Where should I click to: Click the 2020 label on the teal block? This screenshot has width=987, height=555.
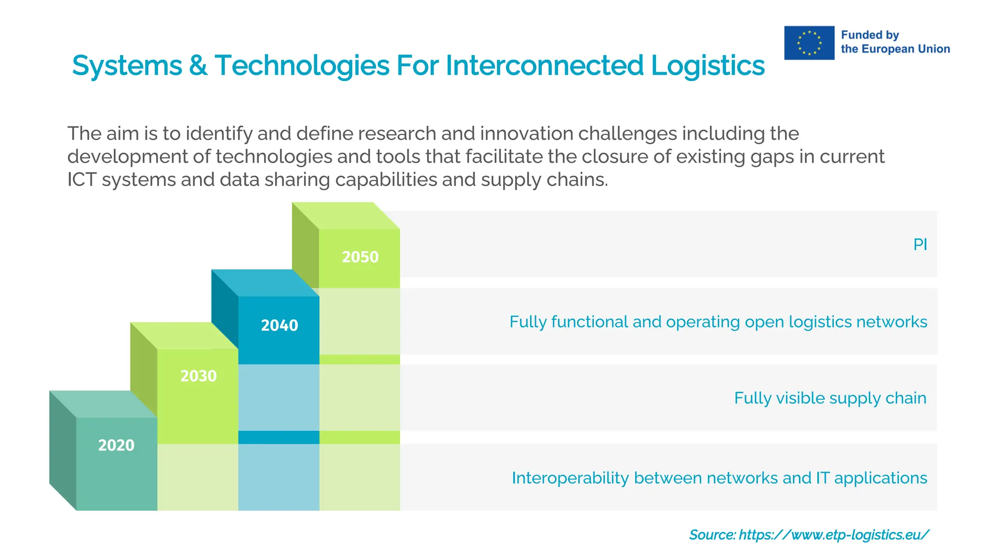click(x=116, y=445)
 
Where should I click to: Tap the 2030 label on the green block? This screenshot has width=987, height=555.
click(x=198, y=376)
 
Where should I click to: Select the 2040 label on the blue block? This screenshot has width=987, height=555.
click(x=279, y=326)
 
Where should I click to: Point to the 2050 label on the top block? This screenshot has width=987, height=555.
click(x=360, y=257)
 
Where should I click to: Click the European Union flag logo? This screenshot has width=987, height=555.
click(x=809, y=43)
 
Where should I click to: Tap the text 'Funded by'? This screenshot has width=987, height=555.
click(x=869, y=35)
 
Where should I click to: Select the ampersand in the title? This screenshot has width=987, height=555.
click(x=198, y=66)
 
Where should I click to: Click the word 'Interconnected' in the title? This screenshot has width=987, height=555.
click(x=544, y=66)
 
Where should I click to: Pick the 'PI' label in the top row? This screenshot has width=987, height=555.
click(x=920, y=245)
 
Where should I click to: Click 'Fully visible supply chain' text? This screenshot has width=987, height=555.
click(x=829, y=398)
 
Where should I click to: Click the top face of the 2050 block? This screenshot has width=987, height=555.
click(x=346, y=215)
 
